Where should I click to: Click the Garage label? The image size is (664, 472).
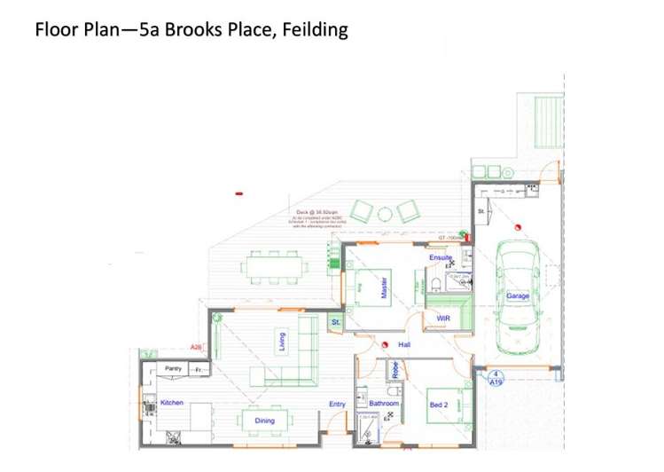[518, 295]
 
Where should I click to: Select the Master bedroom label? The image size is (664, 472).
[384, 290]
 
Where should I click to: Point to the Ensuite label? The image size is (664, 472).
[441, 257]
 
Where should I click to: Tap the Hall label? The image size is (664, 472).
[403, 344]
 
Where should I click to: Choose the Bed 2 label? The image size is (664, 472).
[439, 405]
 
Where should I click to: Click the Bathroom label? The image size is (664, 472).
[384, 404]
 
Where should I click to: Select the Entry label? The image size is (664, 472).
[337, 405]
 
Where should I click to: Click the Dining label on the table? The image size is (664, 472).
[264, 421]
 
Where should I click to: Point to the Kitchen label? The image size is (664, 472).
[172, 403]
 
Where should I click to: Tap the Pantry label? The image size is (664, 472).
[173, 367]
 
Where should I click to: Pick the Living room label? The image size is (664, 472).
[283, 342]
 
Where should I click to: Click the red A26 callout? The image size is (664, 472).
[197, 347]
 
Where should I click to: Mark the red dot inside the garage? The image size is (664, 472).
[524, 224]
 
